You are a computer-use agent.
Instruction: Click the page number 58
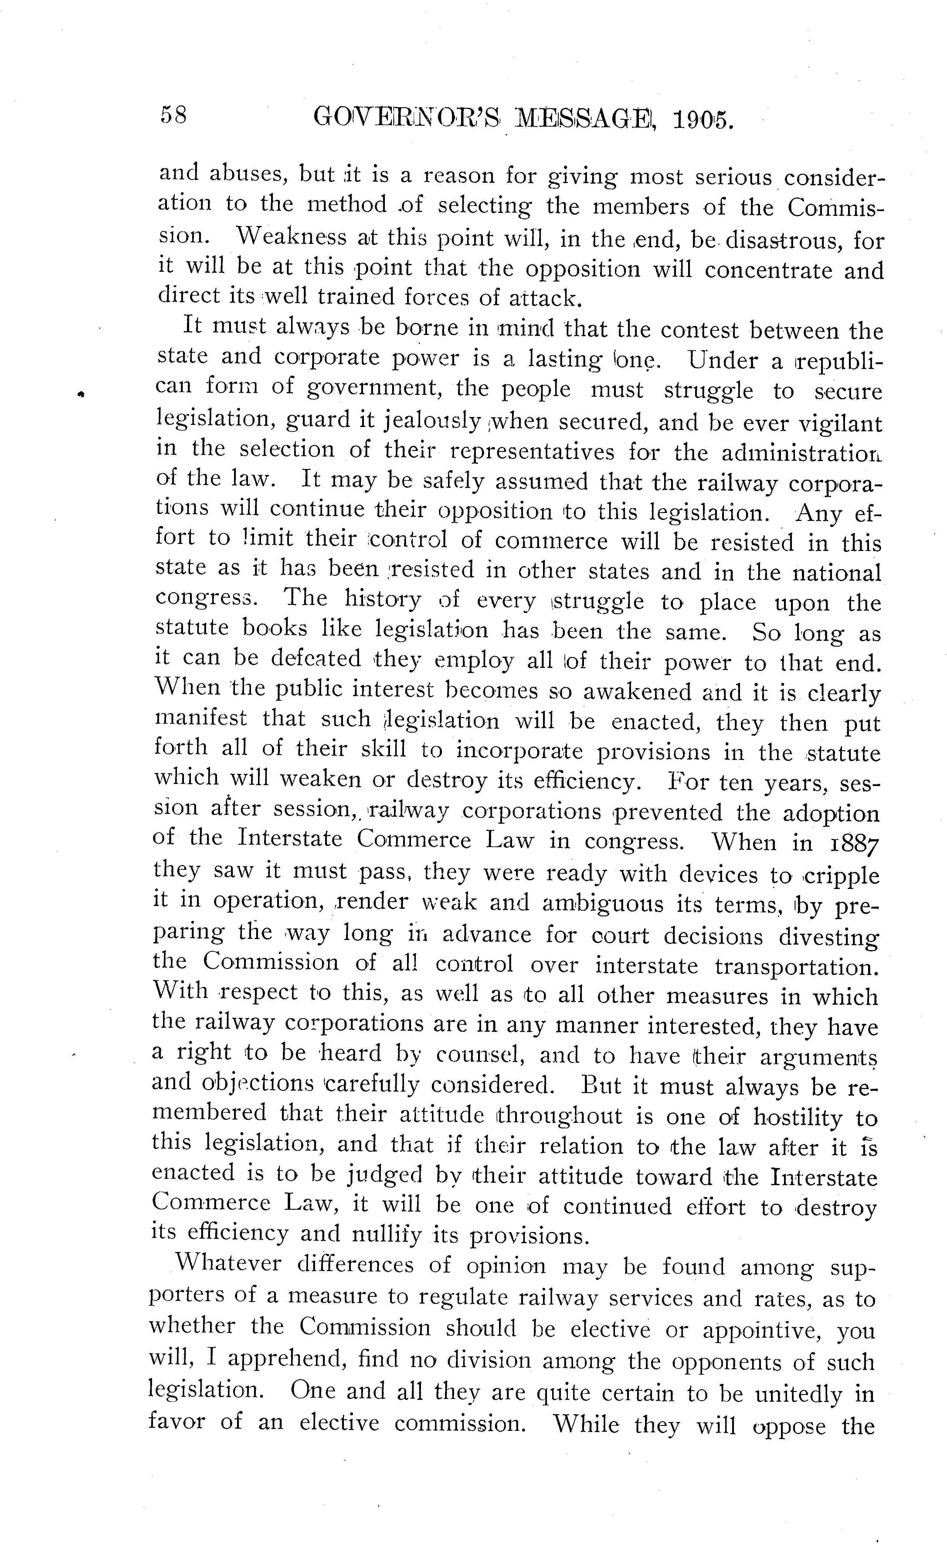[x=173, y=116]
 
